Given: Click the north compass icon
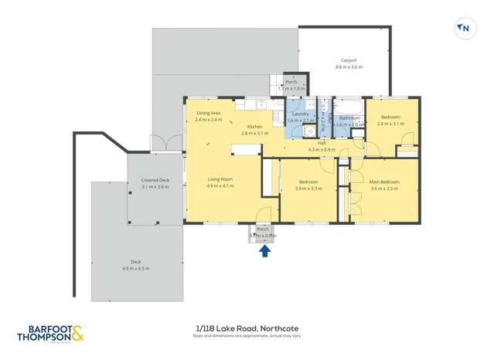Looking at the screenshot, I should tap(464, 29).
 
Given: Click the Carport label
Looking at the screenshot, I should tap(349, 60).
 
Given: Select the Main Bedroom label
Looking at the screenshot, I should tap(384, 182).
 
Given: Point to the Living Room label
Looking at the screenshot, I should tap(220, 179).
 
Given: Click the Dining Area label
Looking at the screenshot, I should tap(208, 113).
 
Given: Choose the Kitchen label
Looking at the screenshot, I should tap(254, 126).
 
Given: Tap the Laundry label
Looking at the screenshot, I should tap(301, 114).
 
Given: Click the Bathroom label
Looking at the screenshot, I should tap(349, 118).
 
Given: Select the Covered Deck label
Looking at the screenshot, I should tap(155, 180).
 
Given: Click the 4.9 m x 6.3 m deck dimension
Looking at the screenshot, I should tap(135, 268).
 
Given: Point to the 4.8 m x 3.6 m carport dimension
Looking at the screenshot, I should tap(349, 67).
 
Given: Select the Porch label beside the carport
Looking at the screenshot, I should tap(291, 82).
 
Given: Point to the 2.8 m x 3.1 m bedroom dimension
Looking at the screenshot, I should tap(390, 124).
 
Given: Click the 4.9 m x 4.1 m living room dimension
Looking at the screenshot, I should tap(220, 186).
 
